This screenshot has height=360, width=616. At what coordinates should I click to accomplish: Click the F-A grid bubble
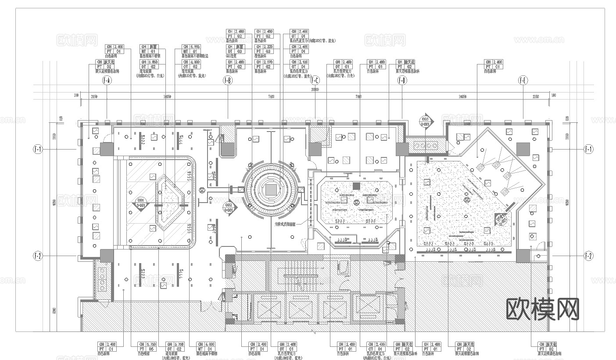coord(107,81)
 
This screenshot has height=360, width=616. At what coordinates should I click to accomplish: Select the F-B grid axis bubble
coord(228,81)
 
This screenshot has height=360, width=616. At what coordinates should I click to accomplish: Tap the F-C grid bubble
coord(315,81)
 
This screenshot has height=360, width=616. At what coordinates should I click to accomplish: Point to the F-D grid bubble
coord(402,81)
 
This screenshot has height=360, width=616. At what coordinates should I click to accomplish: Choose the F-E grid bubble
coord(523,81)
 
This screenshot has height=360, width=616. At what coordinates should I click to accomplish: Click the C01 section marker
coord(141,204)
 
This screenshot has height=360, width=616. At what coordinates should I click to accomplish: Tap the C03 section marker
coord(425,121)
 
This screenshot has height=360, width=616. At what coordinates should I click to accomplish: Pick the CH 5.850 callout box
coord(149,62)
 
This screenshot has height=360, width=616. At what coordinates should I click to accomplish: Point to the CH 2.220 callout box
coord(264,46)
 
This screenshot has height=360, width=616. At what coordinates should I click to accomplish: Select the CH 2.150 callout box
coord(300,62)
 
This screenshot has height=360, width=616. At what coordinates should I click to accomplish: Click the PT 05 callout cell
coord(142,349)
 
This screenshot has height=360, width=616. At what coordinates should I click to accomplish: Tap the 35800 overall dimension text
coord(315,89)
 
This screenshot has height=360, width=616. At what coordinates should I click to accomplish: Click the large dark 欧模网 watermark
coord(543,309)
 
